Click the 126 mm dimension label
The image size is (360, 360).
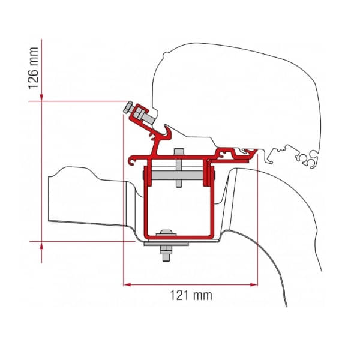click(x=34, y=68)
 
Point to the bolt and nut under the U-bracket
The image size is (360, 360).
click(x=163, y=252)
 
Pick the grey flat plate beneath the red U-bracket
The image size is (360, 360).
click(x=166, y=243)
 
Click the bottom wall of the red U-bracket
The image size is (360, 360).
click(x=177, y=237)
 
